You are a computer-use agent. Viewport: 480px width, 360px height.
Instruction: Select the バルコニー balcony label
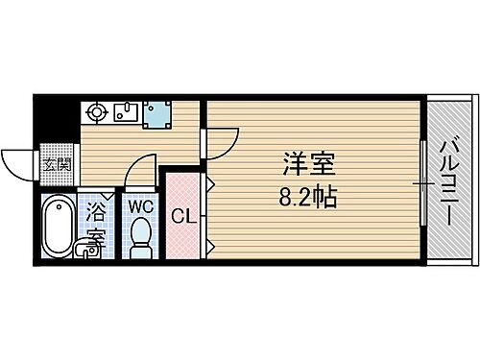pyautogui.click(x=448, y=180)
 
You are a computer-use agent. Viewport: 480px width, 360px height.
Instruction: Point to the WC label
pyautogui.click(x=141, y=205)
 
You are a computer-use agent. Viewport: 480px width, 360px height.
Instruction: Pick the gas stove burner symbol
pyautogui.click(x=97, y=113)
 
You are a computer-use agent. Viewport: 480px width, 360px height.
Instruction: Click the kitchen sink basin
pyautogui.click(x=128, y=113)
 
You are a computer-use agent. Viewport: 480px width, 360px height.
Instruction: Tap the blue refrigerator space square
pyautogui.click(x=156, y=114)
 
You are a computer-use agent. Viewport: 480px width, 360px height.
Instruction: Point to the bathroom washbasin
pyautogui.click(x=89, y=249)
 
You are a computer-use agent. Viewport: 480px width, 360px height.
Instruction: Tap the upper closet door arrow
pyautogui.click(x=209, y=183)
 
